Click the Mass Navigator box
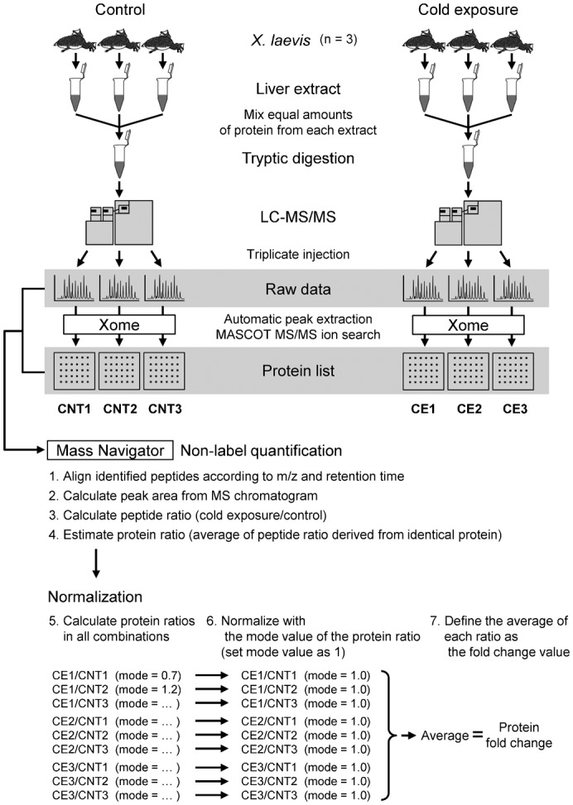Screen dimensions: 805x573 [109, 451]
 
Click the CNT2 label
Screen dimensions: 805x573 [118, 405]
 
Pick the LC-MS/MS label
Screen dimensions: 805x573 [286, 222]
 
